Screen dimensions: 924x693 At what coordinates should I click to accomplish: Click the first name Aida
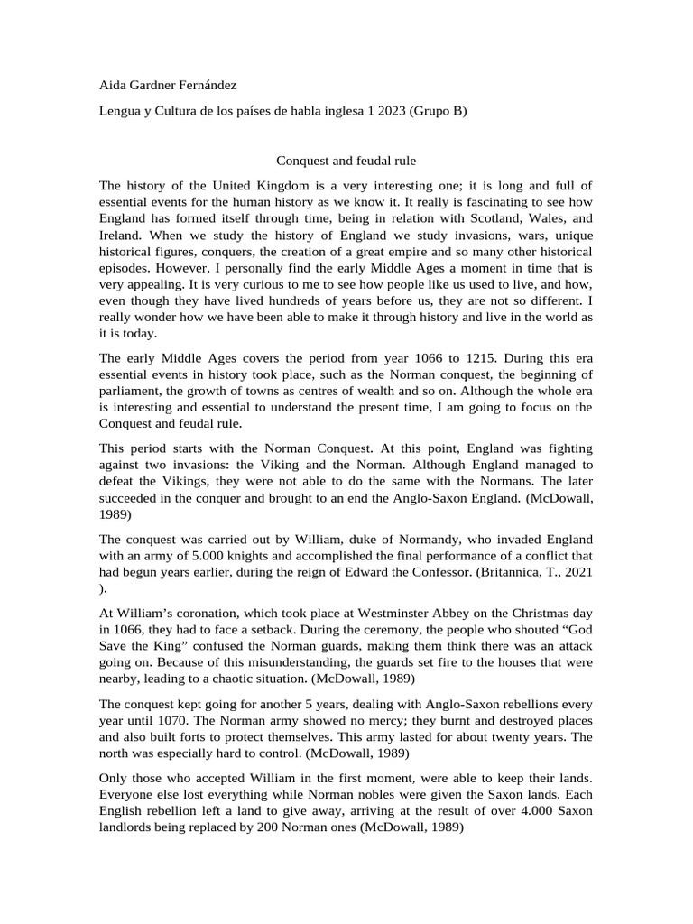tap(114, 86)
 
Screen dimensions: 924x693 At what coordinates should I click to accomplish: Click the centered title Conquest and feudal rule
tap(346, 161)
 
